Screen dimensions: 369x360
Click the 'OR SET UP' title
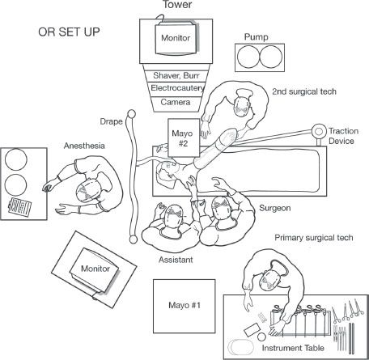69,32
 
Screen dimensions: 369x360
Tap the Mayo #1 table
184,306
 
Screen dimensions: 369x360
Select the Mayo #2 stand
184,138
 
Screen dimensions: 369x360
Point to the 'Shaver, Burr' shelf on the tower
176,75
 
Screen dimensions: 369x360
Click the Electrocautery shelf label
177,88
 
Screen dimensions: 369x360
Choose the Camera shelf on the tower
176,102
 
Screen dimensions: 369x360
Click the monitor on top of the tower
176,38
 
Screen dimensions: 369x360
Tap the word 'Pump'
257,36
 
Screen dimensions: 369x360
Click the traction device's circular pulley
319,132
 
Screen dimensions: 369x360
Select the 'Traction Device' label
343,136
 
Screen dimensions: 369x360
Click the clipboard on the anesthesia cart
19,206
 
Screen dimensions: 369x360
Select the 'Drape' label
111,121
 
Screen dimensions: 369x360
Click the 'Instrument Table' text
293,348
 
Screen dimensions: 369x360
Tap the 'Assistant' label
176,260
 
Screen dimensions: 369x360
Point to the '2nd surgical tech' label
304,91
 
